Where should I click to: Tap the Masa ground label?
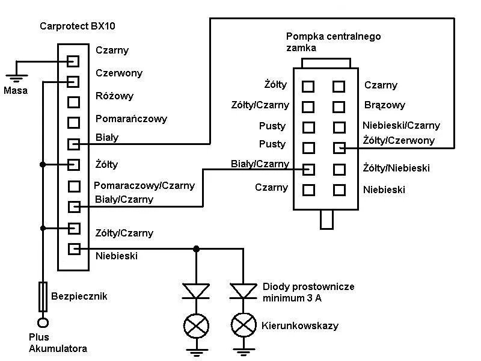pyautogui.click(x=15, y=91)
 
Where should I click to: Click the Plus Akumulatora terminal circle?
pyautogui.click(x=43, y=323)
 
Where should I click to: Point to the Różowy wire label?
pyautogui.click(x=114, y=96)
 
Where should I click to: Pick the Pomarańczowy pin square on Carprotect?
pyautogui.click(x=73, y=123)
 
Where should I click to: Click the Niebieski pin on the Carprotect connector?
pyautogui.click(x=73, y=248)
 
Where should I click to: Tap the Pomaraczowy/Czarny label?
pyautogui.click(x=144, y=185)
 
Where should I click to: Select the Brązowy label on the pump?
pyautogui.click(x=385, y=105)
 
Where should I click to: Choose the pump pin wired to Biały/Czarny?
pyautogui.click(x=308, y=169)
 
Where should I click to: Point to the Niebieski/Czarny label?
pyautogui.click(x=402, y=126)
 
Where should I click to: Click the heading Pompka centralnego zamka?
pyautogui.click(x=333, y=42)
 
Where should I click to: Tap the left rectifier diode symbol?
pyautogui.click(x=196, y=291)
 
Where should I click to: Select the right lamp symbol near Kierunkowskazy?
pyautogui.click(x=243, y=326)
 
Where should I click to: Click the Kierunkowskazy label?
pyautogui.click(x=300, y=326)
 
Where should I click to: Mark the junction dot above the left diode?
pyautogui.click(x=196, y=248)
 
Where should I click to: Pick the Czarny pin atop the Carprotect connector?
pyautogui.click(x=73, y=61)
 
